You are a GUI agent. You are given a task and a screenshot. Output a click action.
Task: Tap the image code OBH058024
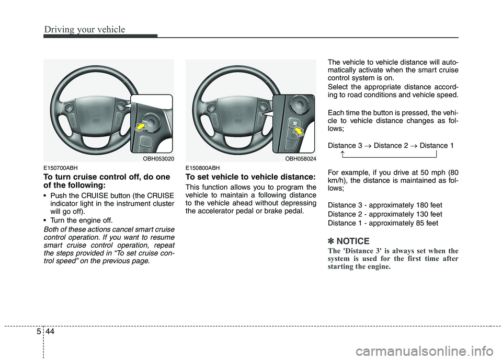(300, 158)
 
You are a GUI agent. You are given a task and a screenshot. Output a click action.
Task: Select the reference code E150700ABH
(61, 168)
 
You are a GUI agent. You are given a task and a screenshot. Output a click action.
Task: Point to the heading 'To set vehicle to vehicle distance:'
(250, 177)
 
